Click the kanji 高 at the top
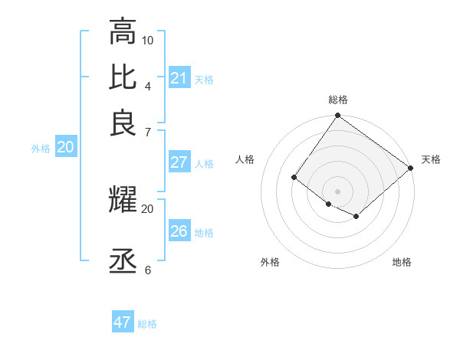pos(123,31)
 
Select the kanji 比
pos(123,77)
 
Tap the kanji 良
pos(123,123)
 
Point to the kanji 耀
pos(123,200)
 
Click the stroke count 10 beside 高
pos(148,40)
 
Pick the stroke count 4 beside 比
pos(148,85)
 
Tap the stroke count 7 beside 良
pos(148,132)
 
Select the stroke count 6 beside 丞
pos(148,270)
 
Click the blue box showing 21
pos(179,78)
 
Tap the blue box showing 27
pos(179,162)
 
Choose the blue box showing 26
pos(179,231)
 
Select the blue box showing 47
pos(123,322)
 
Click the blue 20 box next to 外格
pos(65,148)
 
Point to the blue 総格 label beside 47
pos(147,324)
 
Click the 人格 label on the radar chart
pos(245,159)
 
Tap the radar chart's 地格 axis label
pos(402,262)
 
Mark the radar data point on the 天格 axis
pos(411,169)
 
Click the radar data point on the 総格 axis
pos(337,116)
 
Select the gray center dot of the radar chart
pos(337,191)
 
